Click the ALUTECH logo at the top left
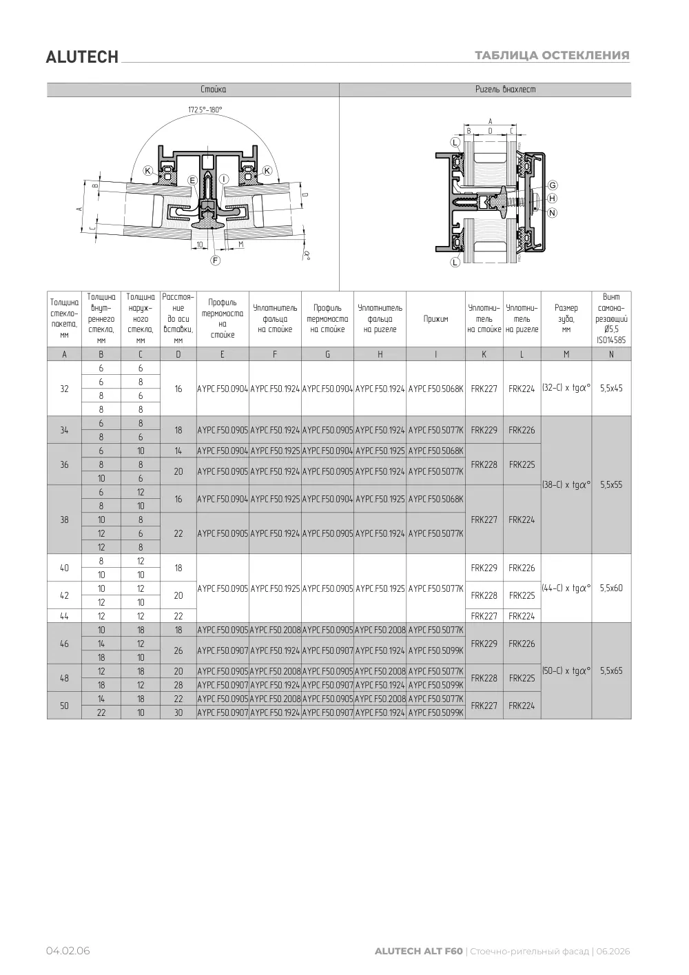pyautogui.click(x=82, y=57)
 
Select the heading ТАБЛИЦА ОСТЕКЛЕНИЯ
pyautogui.click(x=552, y=55)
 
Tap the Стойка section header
pyautogui.click(x=214, y=89)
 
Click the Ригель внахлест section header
pyautogui.click(x=505, y=89)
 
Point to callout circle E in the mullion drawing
pyautogui.click(x=192, y=181)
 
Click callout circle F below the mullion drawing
pyautogui.click(x=215, y=260)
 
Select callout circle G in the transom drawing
pyautogui.click(x=553, y=185)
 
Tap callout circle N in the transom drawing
pyautogui.click(x=553, y=212)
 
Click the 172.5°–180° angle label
pyautogui.click(x=205, y=110)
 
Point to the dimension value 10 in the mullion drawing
pyautogui.click(x=200, y=245)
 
